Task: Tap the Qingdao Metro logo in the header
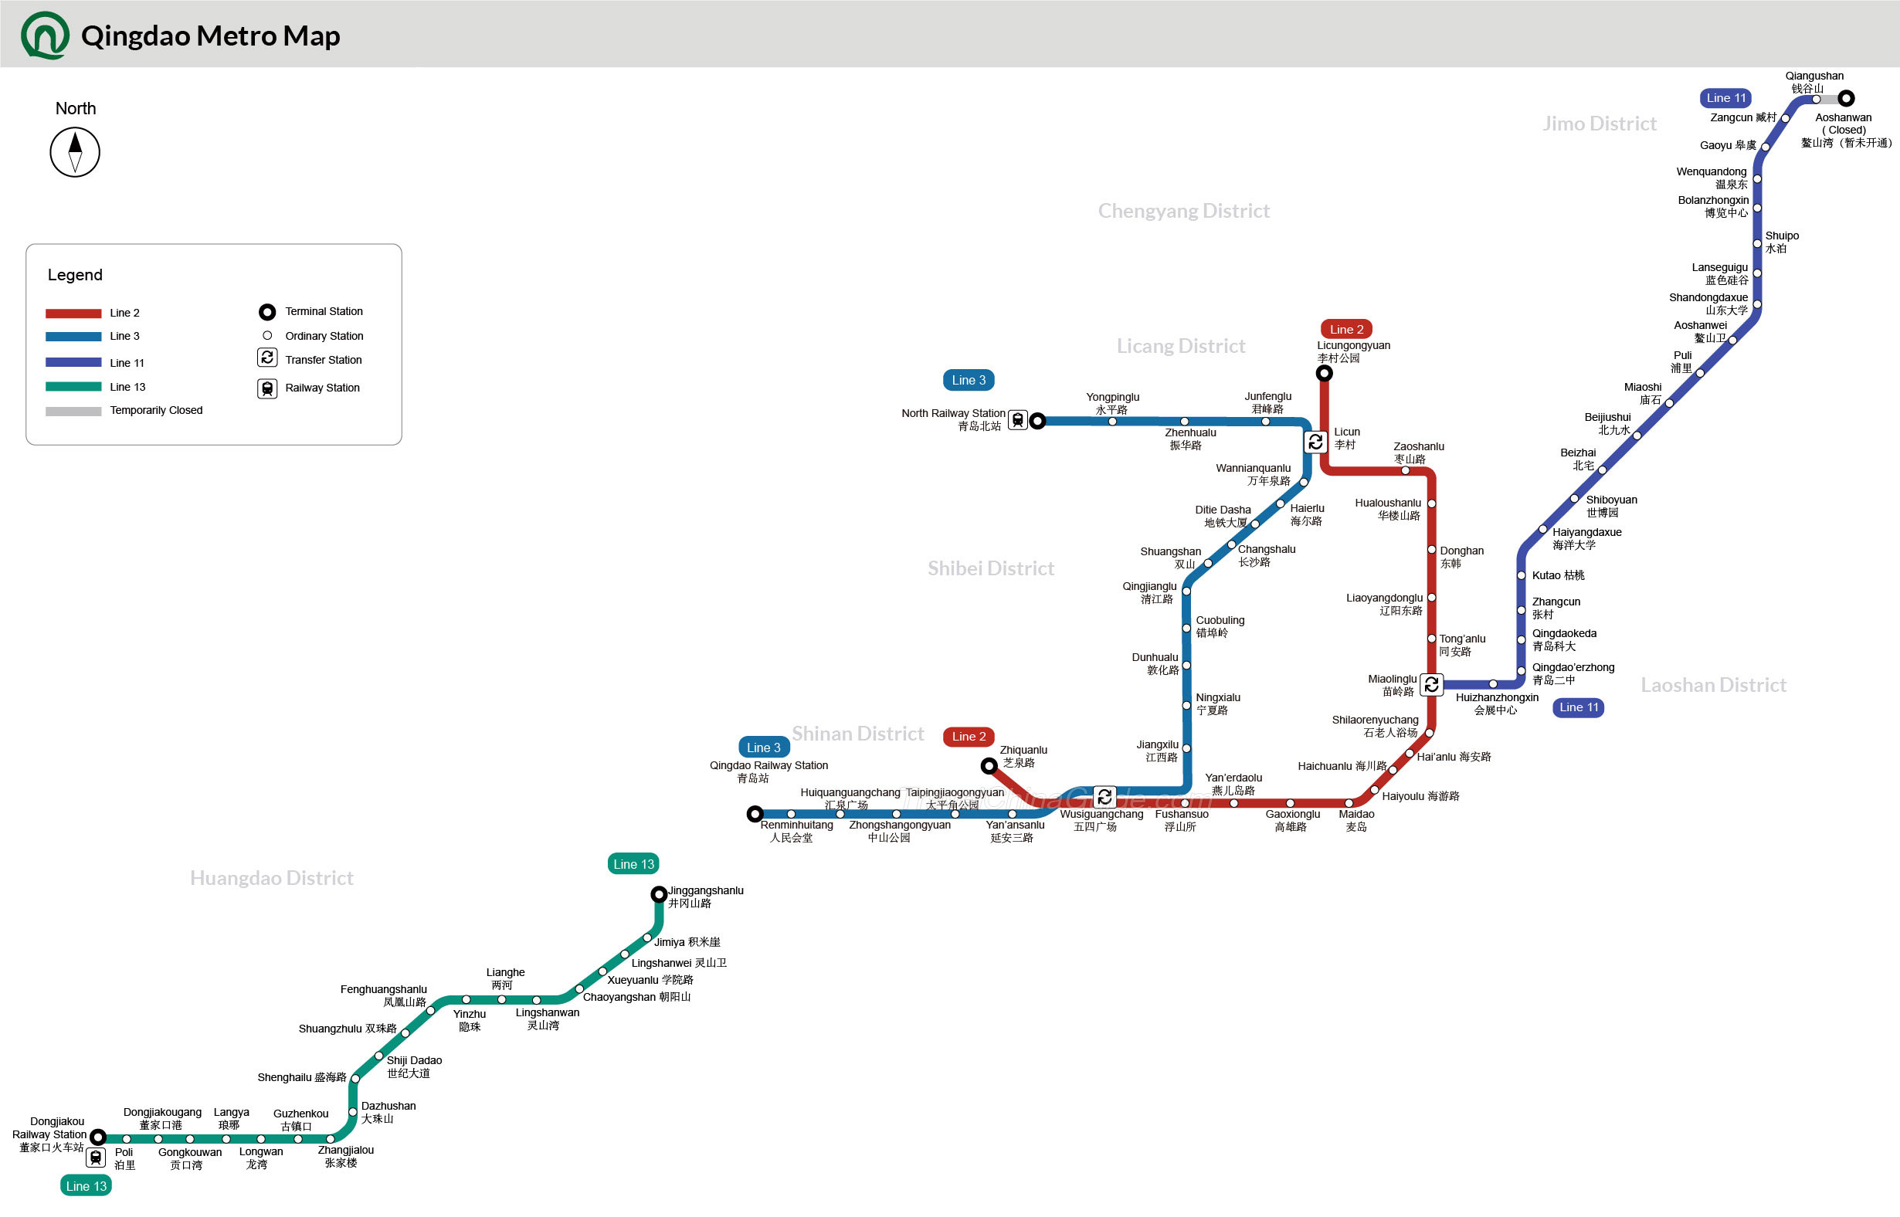[45, 36]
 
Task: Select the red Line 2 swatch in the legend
[73, 313]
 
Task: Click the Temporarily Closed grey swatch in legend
[73, 411]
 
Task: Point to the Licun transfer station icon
[1315, 442]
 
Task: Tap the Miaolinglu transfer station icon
[1431, 684]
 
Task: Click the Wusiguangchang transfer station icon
[1105, 797]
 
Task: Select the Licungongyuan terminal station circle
[1324, 373]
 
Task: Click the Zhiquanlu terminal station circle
[989, 766]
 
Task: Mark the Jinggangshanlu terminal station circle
[658, 894]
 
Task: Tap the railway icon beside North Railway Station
[1018, 420]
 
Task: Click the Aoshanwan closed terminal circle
[1846, 99]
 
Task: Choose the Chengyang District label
[1183, 211]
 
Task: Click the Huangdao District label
[271, 878]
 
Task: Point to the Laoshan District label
[1712, 685]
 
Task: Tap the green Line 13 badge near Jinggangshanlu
[633, 864]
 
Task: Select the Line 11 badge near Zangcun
[1725, 98]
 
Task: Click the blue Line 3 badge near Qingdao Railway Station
[764, 747]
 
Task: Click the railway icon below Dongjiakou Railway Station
[96, 1158]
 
